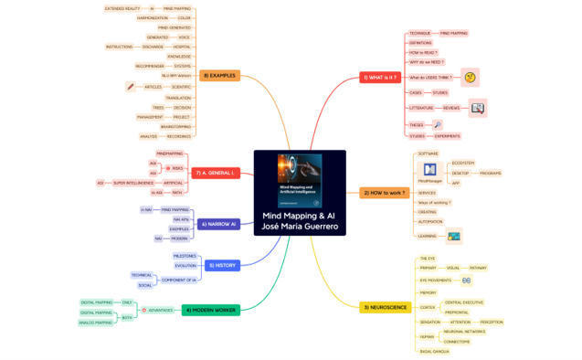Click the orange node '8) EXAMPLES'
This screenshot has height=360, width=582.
click(x=219, y=75)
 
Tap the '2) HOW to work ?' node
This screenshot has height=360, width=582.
click(x=385, y=193)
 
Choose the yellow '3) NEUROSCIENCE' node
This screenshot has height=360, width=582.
click(x=386, y=307)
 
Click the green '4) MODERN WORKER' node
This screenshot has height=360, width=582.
click(x=210, y=310)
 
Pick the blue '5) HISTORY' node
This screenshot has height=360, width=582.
click(x=221, y=265)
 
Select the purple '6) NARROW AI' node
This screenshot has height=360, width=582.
click(x=218, y=223)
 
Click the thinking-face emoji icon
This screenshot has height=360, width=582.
click(x=470, y=78)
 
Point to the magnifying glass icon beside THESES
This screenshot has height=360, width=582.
click(x=439, y=124)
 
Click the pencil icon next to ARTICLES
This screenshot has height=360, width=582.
click(x=131, y=87)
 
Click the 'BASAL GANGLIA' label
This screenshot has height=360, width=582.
click(x=433, y=351)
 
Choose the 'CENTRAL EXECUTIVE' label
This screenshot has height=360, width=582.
click(x=464, y=302)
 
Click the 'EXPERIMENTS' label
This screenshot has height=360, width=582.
click(x=448, y=136)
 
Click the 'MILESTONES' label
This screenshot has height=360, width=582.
click(x=185, y=256)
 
